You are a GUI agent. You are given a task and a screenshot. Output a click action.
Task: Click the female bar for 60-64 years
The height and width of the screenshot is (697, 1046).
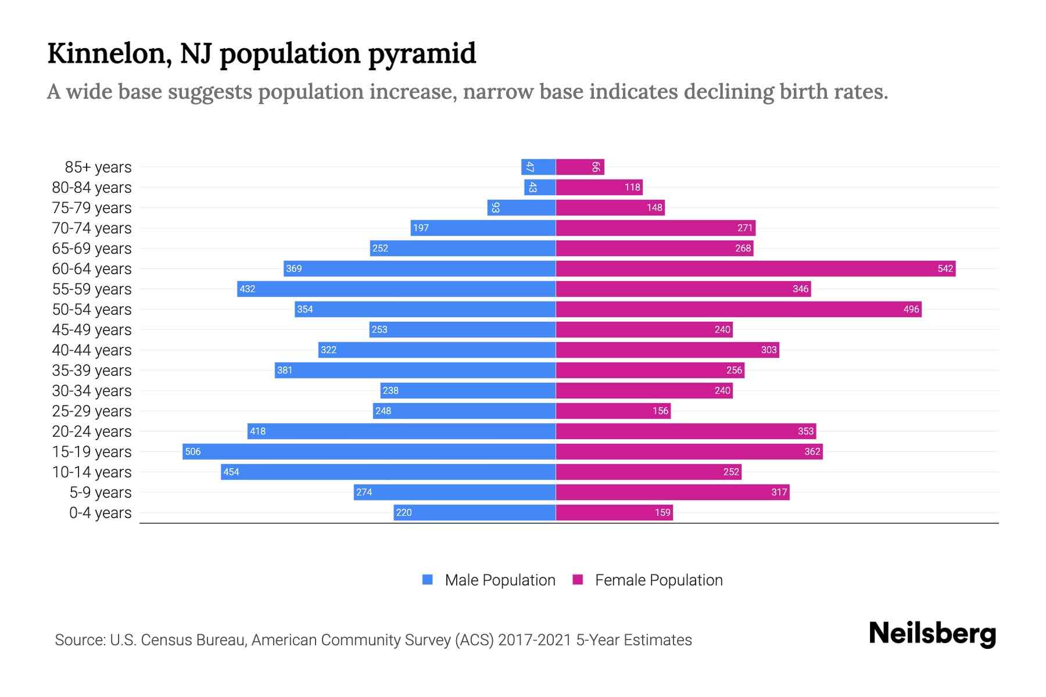[755, 268]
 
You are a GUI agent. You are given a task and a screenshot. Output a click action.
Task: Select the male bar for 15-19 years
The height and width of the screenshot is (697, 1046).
[369, 451]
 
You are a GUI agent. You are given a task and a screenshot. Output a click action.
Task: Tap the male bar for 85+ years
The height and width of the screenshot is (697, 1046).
[538, 167]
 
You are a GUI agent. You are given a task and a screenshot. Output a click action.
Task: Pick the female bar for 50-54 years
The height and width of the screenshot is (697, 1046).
[739, 309]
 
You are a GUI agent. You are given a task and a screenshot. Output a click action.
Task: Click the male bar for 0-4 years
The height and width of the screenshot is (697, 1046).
[474, 512]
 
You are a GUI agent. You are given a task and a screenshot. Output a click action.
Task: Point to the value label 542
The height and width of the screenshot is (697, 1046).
[945, 268]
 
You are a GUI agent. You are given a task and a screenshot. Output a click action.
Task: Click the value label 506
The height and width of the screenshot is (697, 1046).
[193, 451]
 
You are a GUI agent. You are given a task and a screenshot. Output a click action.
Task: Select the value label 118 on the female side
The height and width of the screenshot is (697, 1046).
[632, 187]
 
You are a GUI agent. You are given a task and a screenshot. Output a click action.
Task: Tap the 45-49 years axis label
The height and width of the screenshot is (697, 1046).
[92, 329]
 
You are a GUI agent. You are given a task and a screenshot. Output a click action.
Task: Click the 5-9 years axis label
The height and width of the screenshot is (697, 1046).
[100, 492]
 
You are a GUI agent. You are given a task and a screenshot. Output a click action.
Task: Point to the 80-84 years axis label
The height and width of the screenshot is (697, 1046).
[92, 187]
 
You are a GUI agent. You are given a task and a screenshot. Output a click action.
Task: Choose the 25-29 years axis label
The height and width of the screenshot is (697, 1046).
[92, 411]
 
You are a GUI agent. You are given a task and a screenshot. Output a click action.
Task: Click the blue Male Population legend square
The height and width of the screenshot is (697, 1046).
[428, 580]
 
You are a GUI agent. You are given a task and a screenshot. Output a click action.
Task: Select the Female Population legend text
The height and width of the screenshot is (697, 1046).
[658, 580]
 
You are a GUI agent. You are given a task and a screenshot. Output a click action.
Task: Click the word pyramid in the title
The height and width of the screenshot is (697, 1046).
[422, 53]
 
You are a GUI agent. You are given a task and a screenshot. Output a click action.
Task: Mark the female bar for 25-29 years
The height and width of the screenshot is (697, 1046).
[613, 411]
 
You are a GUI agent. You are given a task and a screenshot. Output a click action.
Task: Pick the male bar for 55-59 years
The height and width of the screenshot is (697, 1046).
[396, 289]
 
